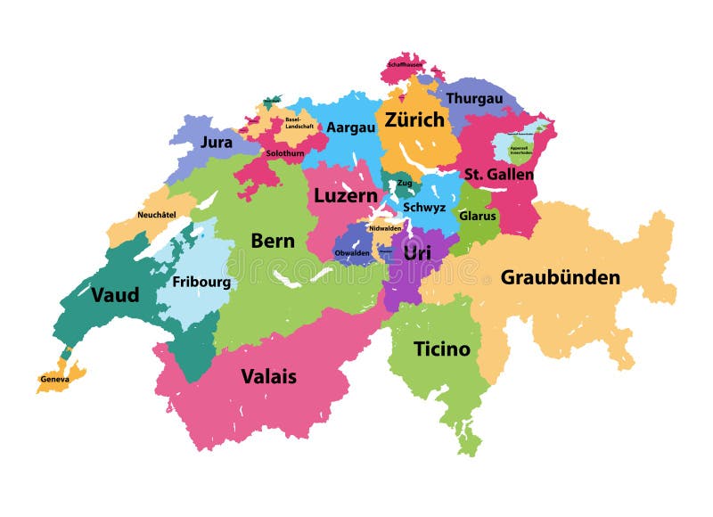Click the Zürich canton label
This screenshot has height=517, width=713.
(414, 119)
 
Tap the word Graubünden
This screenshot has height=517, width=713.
(560, 277)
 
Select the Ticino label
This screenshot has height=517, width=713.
(441, 349)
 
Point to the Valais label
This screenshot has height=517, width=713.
(268, 376)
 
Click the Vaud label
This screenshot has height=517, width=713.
(115, 294)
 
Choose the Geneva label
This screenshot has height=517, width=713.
(54, 379)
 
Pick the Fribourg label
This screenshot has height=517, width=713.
(201, 283)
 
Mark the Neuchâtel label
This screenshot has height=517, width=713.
(154, 215)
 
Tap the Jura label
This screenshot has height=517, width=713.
(217, 142)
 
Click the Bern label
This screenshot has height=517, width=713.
(272, 240)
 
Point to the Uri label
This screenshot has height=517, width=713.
(417, 253)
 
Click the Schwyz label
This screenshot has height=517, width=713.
(424, 207)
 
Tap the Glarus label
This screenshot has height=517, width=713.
(477, 216)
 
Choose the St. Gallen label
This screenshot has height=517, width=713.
(498, 174)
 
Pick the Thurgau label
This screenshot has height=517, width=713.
(474, 98)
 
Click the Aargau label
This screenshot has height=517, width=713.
(350, 127)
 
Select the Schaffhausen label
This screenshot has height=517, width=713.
(406, 64)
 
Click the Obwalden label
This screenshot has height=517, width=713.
(352, 253)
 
